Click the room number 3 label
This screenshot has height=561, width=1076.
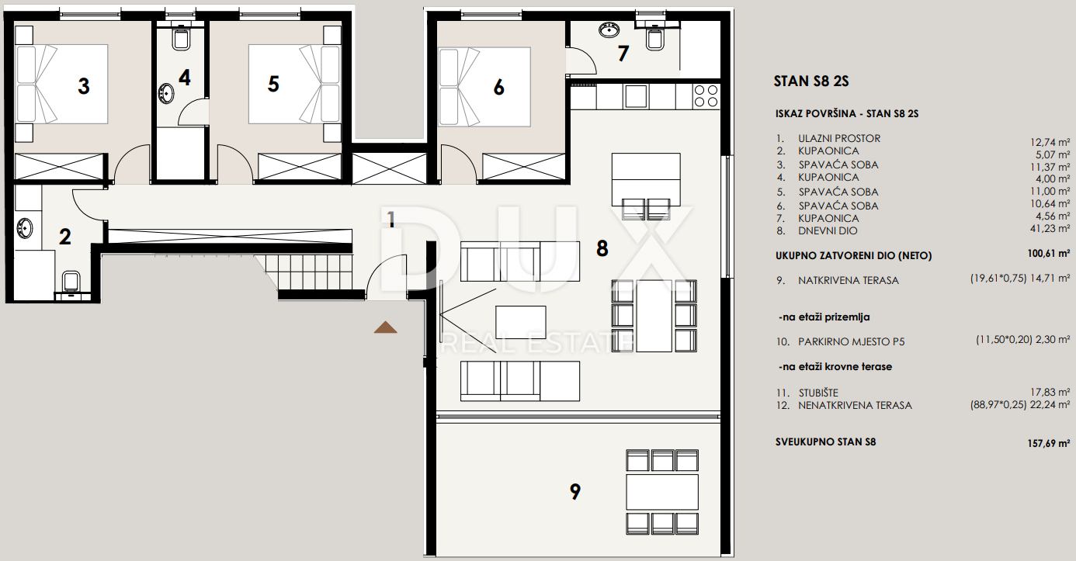click(84, 86)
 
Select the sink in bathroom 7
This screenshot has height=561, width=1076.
click(609, 30)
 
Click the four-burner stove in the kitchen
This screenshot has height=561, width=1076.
click(706, 96)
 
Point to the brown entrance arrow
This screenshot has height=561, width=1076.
click(385, 327)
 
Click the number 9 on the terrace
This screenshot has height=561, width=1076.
click(575, 491)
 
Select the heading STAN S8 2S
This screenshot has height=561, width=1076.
click(811, 81)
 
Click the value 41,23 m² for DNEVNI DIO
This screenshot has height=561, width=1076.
click(1050, 229)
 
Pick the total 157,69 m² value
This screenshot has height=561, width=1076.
click(1049, 443)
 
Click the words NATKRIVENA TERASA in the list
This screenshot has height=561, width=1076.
click(849, 281)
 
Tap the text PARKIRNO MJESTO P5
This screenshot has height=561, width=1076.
click(851, 342)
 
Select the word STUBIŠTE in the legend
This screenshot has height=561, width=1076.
click(818, 393)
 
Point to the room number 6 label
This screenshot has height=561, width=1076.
click(499, 88)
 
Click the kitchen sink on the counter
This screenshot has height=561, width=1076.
click(636, 96)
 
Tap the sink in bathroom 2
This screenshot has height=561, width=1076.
click(24, 228)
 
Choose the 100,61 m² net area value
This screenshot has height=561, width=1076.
click(1049, 253)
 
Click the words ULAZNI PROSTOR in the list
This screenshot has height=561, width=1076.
click(839, 138)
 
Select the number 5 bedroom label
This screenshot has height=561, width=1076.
click(273, 85)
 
